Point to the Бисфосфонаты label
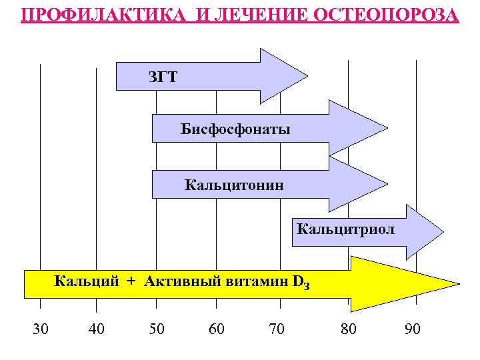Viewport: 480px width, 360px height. click(x=235, y=129)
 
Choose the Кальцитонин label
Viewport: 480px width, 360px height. click(x=234, y=184)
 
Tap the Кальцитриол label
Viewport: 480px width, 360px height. click(x=345, y=230)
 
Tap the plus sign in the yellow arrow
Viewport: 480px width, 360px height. click(x=131, y=281)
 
